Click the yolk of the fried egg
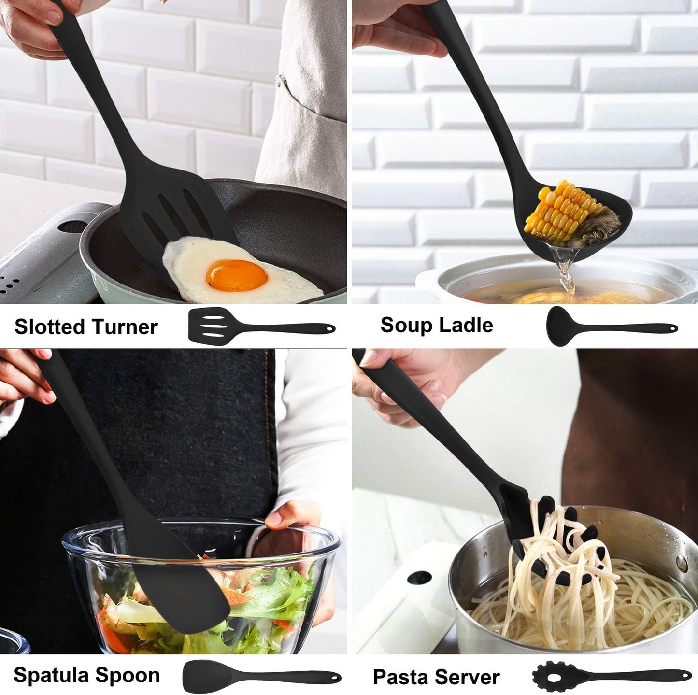[236, 275]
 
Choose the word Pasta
[402, 677]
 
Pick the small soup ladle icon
[611, 326]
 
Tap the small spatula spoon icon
[261, 675]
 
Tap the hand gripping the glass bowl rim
[290, 524]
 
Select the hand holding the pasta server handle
[406, 386]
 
